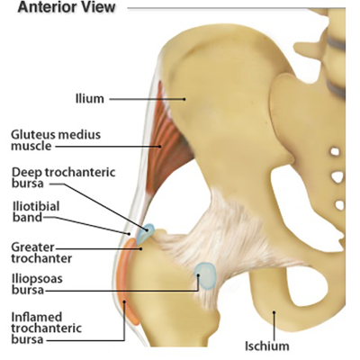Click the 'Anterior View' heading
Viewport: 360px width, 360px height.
pyautogui.click(x=67, y=7)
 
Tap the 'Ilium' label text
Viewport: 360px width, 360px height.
pyautogui.click(x=90, y=99)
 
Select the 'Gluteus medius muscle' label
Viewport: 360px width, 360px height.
pyautogui.click(x=56, y=140)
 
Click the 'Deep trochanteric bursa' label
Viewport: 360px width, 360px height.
pyautogui.click(x=63, y=177)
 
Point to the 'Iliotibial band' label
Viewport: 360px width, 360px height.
pyautogui.click(x=36, y=211)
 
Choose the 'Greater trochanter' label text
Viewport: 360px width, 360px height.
pyautogui.click(x=41, y=253)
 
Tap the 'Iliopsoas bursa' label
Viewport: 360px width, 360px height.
pyautogui.click(x=37, y=284)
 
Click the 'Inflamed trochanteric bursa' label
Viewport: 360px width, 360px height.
pyautogui.click(x=47, y=328)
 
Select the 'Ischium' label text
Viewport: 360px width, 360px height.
pyautogui.click(x=267, y=346)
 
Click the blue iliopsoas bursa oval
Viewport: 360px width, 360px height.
pyautogui.click(x=205, y=275)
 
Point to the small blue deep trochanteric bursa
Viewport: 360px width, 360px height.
pyautogui.click(x=145, y=234)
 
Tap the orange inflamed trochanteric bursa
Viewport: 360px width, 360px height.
pyautogui.click(x=128, y=282)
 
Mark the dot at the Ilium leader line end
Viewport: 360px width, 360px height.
pyautogui.click(x=184, y=99)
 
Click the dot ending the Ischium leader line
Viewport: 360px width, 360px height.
pyautogui.click(x=274, y=312)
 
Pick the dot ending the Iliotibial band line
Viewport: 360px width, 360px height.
pyautogui.click(x=129, y=233)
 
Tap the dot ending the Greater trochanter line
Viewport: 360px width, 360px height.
pyautogui.click(x=140, y=248)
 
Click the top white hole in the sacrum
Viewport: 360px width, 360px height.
pyautogui.click(x=335, y=151)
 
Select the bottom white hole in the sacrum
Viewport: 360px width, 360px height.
pyautogui.click(x=339, y=205)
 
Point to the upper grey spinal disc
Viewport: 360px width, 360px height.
pyautogui.click(x=336, y=43)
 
